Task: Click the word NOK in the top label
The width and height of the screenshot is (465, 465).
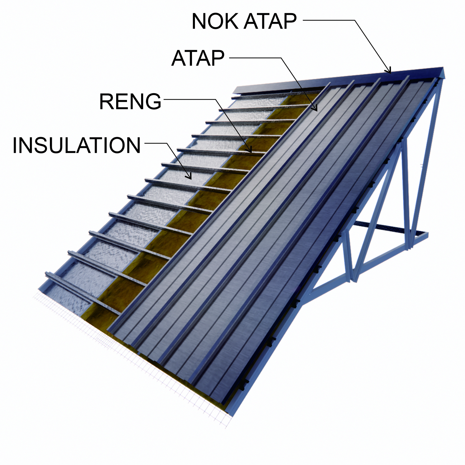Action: coord(215,21)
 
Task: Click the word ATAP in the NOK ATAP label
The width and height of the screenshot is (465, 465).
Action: coord(270,21)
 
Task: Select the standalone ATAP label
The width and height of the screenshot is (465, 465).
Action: coord(198,58)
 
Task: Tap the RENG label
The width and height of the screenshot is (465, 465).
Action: coord(130,101)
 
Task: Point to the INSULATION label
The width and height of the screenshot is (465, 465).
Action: coord(77,145)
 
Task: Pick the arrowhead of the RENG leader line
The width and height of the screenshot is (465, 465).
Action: coord(250,151)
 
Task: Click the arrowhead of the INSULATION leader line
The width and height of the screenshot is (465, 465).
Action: coord(190,178)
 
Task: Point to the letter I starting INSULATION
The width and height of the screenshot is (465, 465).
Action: coord(15,145)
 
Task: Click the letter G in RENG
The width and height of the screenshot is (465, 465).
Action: coord(153,101)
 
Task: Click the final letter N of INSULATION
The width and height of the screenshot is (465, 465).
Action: coord(133,145)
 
